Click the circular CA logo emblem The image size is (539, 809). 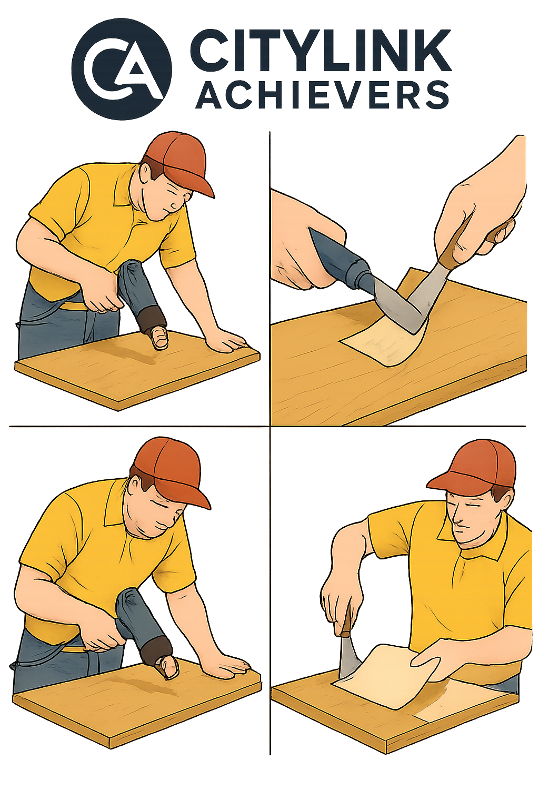point(122,68)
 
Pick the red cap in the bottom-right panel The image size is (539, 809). point(474,468)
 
